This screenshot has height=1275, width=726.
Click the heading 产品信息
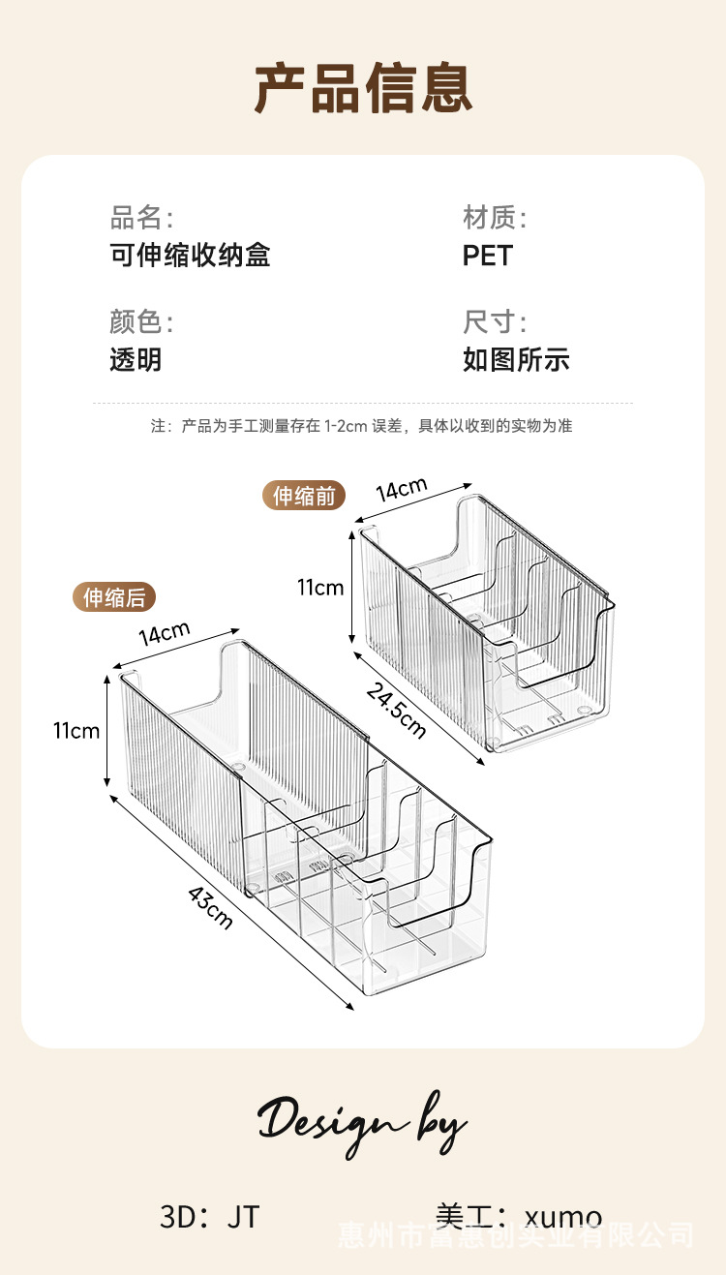[363, 89]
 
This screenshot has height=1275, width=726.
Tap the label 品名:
[141, 217]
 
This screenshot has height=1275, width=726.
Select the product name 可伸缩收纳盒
[190, 256]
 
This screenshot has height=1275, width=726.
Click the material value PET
[487, 256]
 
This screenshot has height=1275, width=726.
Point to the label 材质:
[495, 217]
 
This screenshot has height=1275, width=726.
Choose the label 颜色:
[141, 321]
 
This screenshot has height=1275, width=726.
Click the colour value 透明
[136, 360]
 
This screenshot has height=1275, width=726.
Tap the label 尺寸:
[495, 321]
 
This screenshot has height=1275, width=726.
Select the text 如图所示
[516, 360]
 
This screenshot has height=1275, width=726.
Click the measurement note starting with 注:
[361, 426]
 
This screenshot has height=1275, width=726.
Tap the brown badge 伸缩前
[303, 496]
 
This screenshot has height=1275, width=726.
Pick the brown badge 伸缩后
[114, 597]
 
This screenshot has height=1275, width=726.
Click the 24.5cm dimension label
[396, 709]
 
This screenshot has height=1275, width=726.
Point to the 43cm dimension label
[209, 906]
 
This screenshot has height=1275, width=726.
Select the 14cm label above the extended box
[164, 635]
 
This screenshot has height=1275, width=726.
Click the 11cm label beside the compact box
[320, 587]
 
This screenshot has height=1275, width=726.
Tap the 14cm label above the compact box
[402, 489]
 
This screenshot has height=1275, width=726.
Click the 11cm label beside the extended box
[76, 730]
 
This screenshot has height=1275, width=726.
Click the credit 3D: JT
[210, 1216]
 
